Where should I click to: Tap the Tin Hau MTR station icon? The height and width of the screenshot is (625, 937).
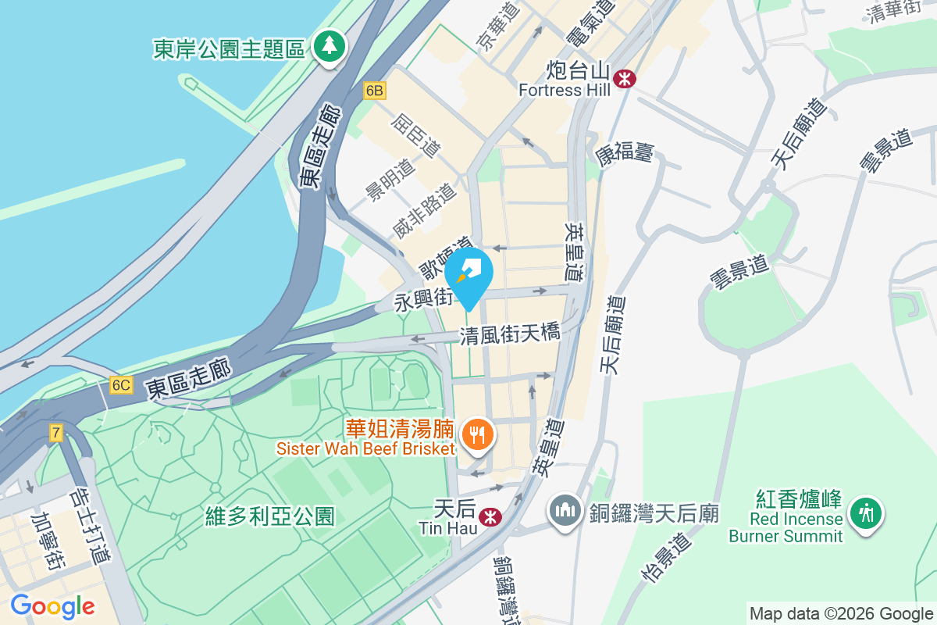click(x=490, y=516)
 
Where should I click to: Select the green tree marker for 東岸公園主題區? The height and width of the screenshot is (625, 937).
click(x=330, y=48)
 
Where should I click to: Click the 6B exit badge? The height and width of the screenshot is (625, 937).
click(x=374, y=91)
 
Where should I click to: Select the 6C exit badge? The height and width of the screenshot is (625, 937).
click(x=121, y=385)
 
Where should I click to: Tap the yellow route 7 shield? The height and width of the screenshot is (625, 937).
click(x=55, y=433)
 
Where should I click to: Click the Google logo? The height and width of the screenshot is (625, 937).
click(x=52, y=606)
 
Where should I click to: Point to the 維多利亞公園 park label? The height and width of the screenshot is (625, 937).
click(x=270, y=516)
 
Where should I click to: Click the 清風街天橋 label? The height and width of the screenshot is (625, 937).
click(x=510, y=334)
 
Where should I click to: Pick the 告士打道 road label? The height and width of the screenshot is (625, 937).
click(x=89, y=527)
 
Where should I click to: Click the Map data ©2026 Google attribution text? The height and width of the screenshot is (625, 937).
click(x=840, y=614)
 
